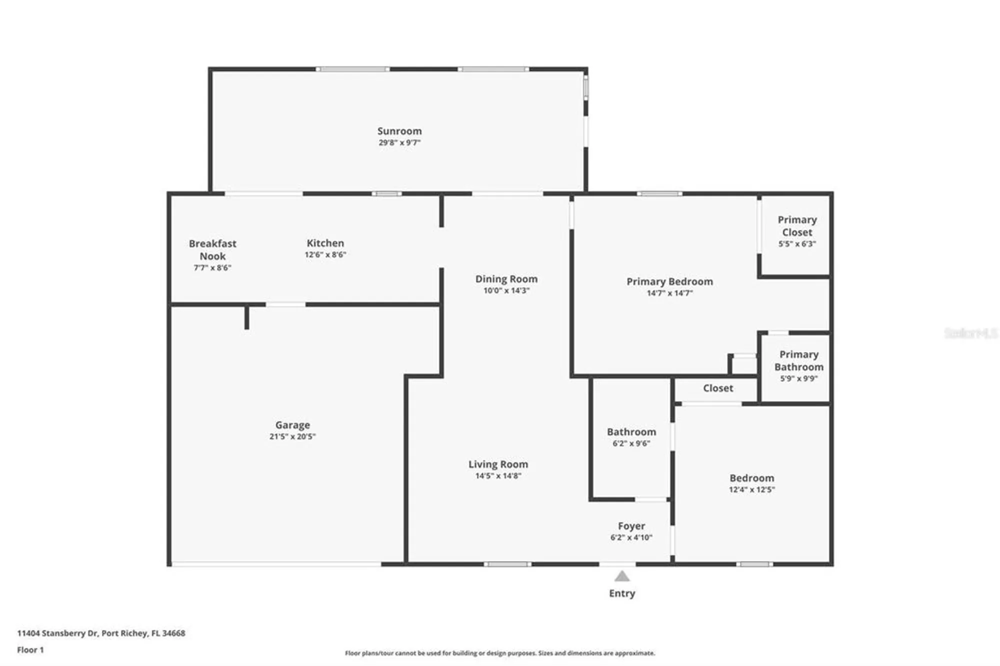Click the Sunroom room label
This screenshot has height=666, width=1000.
pos(399,131)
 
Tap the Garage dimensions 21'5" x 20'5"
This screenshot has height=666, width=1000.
pos(292,436)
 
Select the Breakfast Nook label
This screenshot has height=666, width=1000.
pos(212,249)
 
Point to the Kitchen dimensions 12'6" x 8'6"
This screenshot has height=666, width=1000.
pos(325,254)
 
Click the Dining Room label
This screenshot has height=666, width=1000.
pos(506,279)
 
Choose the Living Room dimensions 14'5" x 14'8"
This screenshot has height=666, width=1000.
pos(498,476)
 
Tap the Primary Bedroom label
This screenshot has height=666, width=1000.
pos(669,281)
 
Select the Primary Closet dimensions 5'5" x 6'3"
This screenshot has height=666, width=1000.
pos(797,244)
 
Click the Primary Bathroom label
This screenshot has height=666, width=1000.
pos(798,360)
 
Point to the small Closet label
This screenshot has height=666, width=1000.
pos(718,388)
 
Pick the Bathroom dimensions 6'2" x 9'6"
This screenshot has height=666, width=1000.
pos(631,443)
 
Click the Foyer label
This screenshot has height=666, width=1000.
pos(631,526)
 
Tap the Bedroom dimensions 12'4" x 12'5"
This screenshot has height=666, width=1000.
pos(751,489)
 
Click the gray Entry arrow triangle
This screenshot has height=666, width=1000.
pos(621,577)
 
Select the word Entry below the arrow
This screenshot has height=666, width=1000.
pos(621,593)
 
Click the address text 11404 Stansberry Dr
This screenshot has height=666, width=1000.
pos(57,633)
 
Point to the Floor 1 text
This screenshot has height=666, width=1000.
pos(30,650)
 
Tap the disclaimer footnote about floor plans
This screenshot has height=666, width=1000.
pos(499,653)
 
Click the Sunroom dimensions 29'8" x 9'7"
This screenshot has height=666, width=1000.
pos(399,142)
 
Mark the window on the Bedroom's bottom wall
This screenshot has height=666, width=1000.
pos(754,564)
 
